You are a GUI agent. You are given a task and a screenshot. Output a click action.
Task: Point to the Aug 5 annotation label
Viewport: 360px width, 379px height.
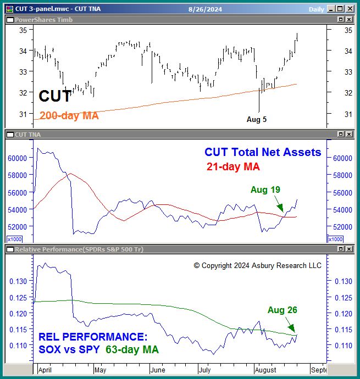pos(257,119)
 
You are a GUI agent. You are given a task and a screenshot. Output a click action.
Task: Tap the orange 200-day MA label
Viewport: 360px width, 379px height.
pos(69,116)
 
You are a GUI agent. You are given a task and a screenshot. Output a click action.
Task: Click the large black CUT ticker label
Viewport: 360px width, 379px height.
pos(55,97)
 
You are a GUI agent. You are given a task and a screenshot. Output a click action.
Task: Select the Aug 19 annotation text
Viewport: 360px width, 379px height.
pos(265,189)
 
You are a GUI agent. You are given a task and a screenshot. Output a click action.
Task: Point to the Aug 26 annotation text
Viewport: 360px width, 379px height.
pos(283,310)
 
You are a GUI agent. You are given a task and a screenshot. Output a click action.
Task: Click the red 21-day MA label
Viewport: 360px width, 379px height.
pos(233,166)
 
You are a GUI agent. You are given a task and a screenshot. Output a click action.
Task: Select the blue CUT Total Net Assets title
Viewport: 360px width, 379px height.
pos(262,152)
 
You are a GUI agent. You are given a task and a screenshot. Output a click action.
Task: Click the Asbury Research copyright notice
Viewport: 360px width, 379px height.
pos(258,265)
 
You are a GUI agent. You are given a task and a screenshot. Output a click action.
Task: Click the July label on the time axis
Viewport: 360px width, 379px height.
pos(206,370)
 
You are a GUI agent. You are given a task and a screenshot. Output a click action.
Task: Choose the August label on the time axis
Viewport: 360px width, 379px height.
pos(266,370)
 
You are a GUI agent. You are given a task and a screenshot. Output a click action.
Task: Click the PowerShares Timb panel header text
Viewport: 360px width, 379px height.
pos(43,20)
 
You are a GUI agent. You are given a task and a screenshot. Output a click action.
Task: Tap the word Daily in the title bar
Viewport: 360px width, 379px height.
pos(317,9)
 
